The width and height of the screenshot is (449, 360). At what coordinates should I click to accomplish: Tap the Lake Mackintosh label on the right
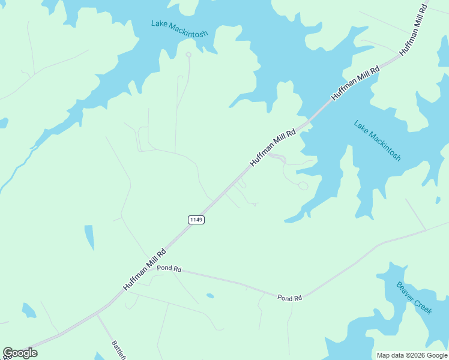pos(377,141)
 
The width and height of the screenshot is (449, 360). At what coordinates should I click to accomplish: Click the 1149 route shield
pos(196,220)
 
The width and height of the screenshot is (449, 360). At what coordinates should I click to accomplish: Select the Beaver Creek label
pos(414,298)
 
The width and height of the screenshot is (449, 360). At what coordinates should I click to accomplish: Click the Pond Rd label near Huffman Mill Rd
pos(169,269)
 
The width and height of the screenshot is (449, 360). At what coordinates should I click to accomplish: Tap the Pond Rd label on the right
pos(289,298)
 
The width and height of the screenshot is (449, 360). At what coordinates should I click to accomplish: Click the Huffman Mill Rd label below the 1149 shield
pos(145,271)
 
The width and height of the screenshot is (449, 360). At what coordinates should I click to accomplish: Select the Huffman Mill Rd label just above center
pos(273,148)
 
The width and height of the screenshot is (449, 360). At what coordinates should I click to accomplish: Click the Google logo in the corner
pos(20,353)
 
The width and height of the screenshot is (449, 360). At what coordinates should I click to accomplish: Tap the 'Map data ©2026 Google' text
pos(411,355)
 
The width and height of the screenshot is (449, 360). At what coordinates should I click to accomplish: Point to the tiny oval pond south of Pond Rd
pos(210,296)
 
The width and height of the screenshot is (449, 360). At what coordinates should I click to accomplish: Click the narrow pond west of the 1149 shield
pos(89,237)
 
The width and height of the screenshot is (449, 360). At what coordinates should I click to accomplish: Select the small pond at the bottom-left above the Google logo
pos(29,310)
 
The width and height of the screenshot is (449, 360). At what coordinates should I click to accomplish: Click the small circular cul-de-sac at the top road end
pos(188,55)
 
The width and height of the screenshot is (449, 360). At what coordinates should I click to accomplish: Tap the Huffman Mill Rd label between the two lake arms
pos(355,82)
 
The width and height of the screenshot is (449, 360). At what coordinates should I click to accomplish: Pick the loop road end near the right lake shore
pos(303,186)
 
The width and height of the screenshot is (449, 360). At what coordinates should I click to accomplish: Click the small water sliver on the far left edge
pos(3,122)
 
